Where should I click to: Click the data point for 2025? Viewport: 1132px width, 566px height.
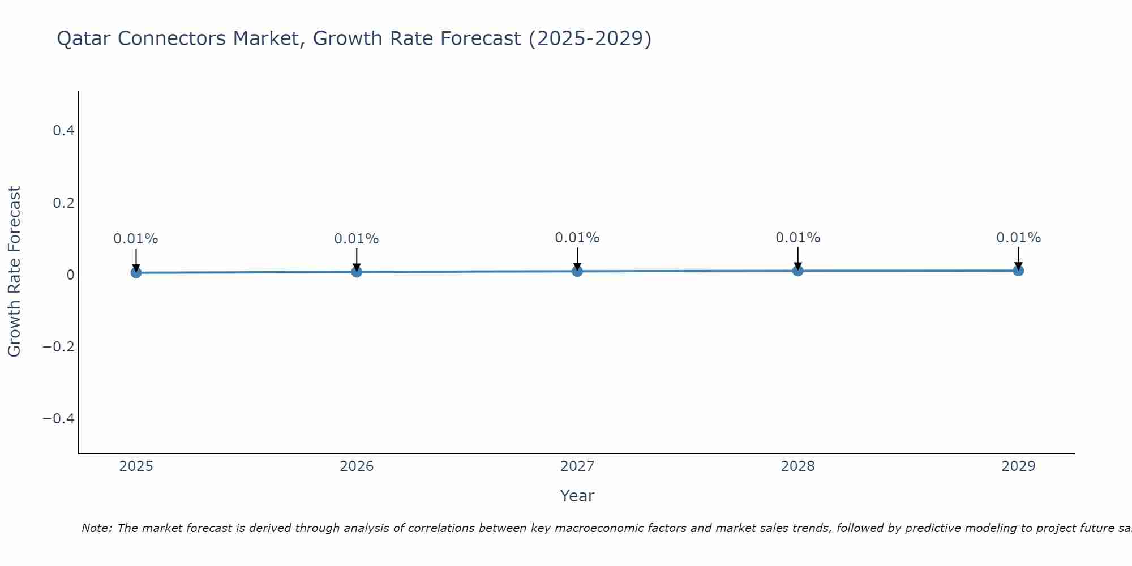click(x=136, y=272)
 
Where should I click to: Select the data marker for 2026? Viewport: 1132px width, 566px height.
click(x=357, y=272)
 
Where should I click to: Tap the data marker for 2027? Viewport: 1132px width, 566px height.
click(x=577, y=271)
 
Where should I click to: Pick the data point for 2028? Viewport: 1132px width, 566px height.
click(x=797, y=271)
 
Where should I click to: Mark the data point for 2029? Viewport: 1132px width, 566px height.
click(x=1018, y=271)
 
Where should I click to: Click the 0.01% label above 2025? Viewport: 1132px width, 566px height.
click(x=136, y=239)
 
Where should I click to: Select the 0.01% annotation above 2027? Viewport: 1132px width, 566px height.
click(x=577, y=238)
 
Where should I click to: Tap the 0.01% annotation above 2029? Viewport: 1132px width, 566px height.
click(x=1018, y=238)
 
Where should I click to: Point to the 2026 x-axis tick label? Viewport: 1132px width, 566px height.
click(x=357, y=466)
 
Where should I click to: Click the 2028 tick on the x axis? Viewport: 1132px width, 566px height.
click(x=797, y=466)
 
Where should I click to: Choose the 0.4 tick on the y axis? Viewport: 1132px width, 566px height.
click(x=63, y=131)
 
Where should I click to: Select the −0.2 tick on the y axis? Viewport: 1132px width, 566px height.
click(x=59, y=346)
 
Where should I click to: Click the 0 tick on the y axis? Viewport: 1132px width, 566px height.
click(x=71, y=275)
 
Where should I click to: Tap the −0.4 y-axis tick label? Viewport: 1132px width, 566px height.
click(x=59, y=418)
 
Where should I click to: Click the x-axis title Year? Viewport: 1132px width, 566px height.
click(x=577, y=496)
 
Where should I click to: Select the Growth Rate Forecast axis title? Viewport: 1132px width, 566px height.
click(x=14, y=272)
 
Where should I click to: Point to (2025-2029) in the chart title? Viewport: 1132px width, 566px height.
click(x=589, y=38)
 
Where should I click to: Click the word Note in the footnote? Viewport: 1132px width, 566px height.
click(x=96, y=528)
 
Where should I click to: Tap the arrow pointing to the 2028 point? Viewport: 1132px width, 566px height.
click(x=797, y=258)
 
